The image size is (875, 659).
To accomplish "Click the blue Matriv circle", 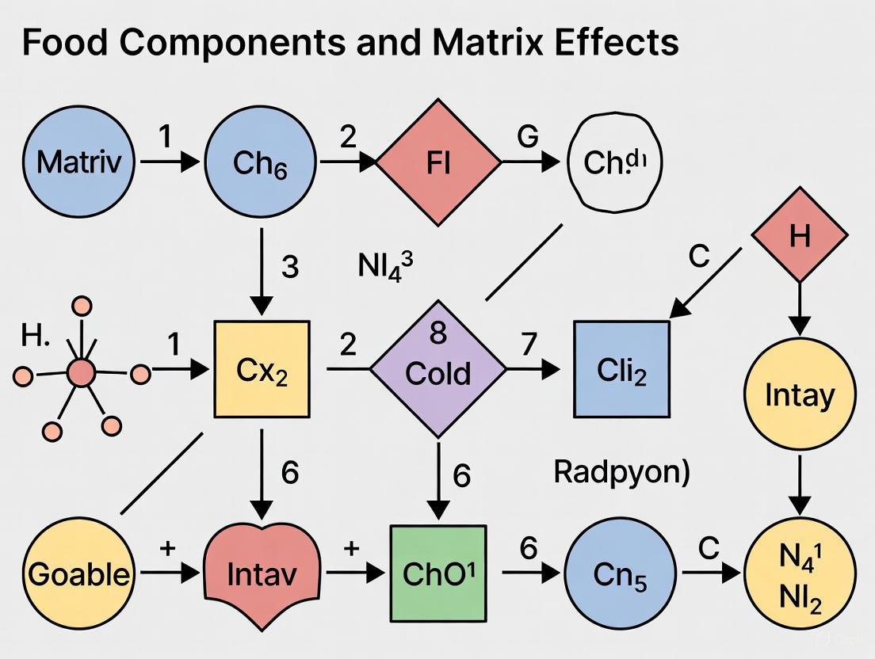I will (79, 163).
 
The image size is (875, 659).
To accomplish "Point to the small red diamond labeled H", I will (799, 236).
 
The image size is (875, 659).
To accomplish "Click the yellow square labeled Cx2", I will (262, 369).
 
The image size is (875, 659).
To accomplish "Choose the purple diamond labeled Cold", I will (438, 369).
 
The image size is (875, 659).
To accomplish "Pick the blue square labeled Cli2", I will (621, 369).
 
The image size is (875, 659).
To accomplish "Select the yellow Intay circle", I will (799, 394).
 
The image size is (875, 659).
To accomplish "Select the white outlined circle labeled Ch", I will (615, 162).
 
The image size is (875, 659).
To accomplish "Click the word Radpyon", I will (621, 473).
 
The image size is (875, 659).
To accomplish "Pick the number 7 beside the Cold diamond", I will (529, 345).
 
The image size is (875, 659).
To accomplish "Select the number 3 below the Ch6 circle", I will (290, 268).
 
